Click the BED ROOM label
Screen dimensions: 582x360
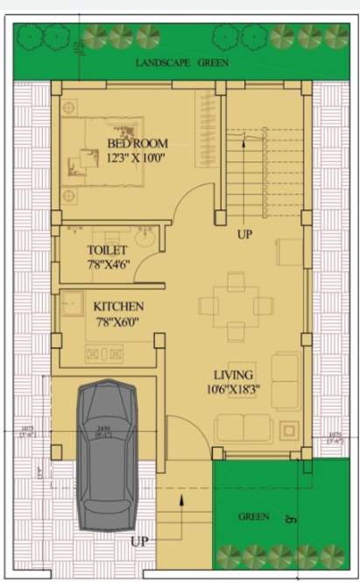(138, 143)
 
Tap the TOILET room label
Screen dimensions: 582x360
(108, 250)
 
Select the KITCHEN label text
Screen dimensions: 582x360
(118, 307)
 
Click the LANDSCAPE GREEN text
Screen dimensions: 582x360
(183, 63)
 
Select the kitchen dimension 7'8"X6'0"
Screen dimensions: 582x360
(118, 323)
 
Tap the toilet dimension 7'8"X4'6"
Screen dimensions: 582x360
(109, 265)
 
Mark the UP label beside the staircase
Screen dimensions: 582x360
(246, 236)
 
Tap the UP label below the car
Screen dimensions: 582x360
(140, 542)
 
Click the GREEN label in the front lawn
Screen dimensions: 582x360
(254, 516)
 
